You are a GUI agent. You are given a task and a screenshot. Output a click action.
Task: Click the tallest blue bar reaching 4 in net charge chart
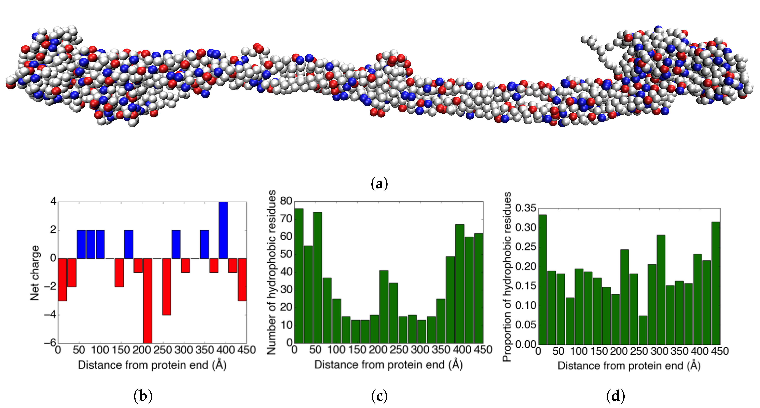[x=223, y=230]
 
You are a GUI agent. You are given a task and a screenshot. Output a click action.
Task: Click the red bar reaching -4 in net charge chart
[x=166, y=287]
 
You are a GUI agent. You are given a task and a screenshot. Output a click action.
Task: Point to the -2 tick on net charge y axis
[x=50, y=286]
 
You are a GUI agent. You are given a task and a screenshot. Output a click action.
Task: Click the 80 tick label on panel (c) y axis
[x=286, y=201]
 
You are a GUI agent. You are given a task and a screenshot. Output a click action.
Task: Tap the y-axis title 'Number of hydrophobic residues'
[x=271, y=272]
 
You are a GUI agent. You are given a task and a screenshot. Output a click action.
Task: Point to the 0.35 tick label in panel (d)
[x=525, y=208]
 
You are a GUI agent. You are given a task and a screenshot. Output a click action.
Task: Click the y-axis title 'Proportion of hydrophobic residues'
[x=507, y=276]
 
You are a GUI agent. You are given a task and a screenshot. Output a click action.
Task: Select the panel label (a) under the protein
[x=379, y=184]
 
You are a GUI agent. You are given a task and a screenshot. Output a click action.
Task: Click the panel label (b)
[x=143, y=396]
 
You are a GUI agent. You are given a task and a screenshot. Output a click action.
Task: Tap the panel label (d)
[x=615, y=396]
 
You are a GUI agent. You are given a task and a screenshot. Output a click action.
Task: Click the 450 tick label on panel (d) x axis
[x=720, y=351]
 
